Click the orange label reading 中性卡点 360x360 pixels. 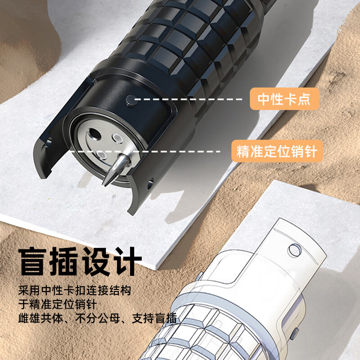coord(284,99)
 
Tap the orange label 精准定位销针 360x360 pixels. coord(277,151)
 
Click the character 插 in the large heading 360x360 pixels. coord(63,261)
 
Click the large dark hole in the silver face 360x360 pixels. coord(95,134)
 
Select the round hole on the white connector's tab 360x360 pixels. coord(294,250)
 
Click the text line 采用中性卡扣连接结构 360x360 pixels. coord(75,291)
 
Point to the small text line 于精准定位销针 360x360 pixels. coord(58,305)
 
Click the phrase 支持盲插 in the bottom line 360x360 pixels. coord(154,318)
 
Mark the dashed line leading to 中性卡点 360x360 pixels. coord(188,99)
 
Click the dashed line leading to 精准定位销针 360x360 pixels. coord(145,152)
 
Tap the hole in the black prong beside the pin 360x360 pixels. coord(150,183)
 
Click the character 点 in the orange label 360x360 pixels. coord(304,99)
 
